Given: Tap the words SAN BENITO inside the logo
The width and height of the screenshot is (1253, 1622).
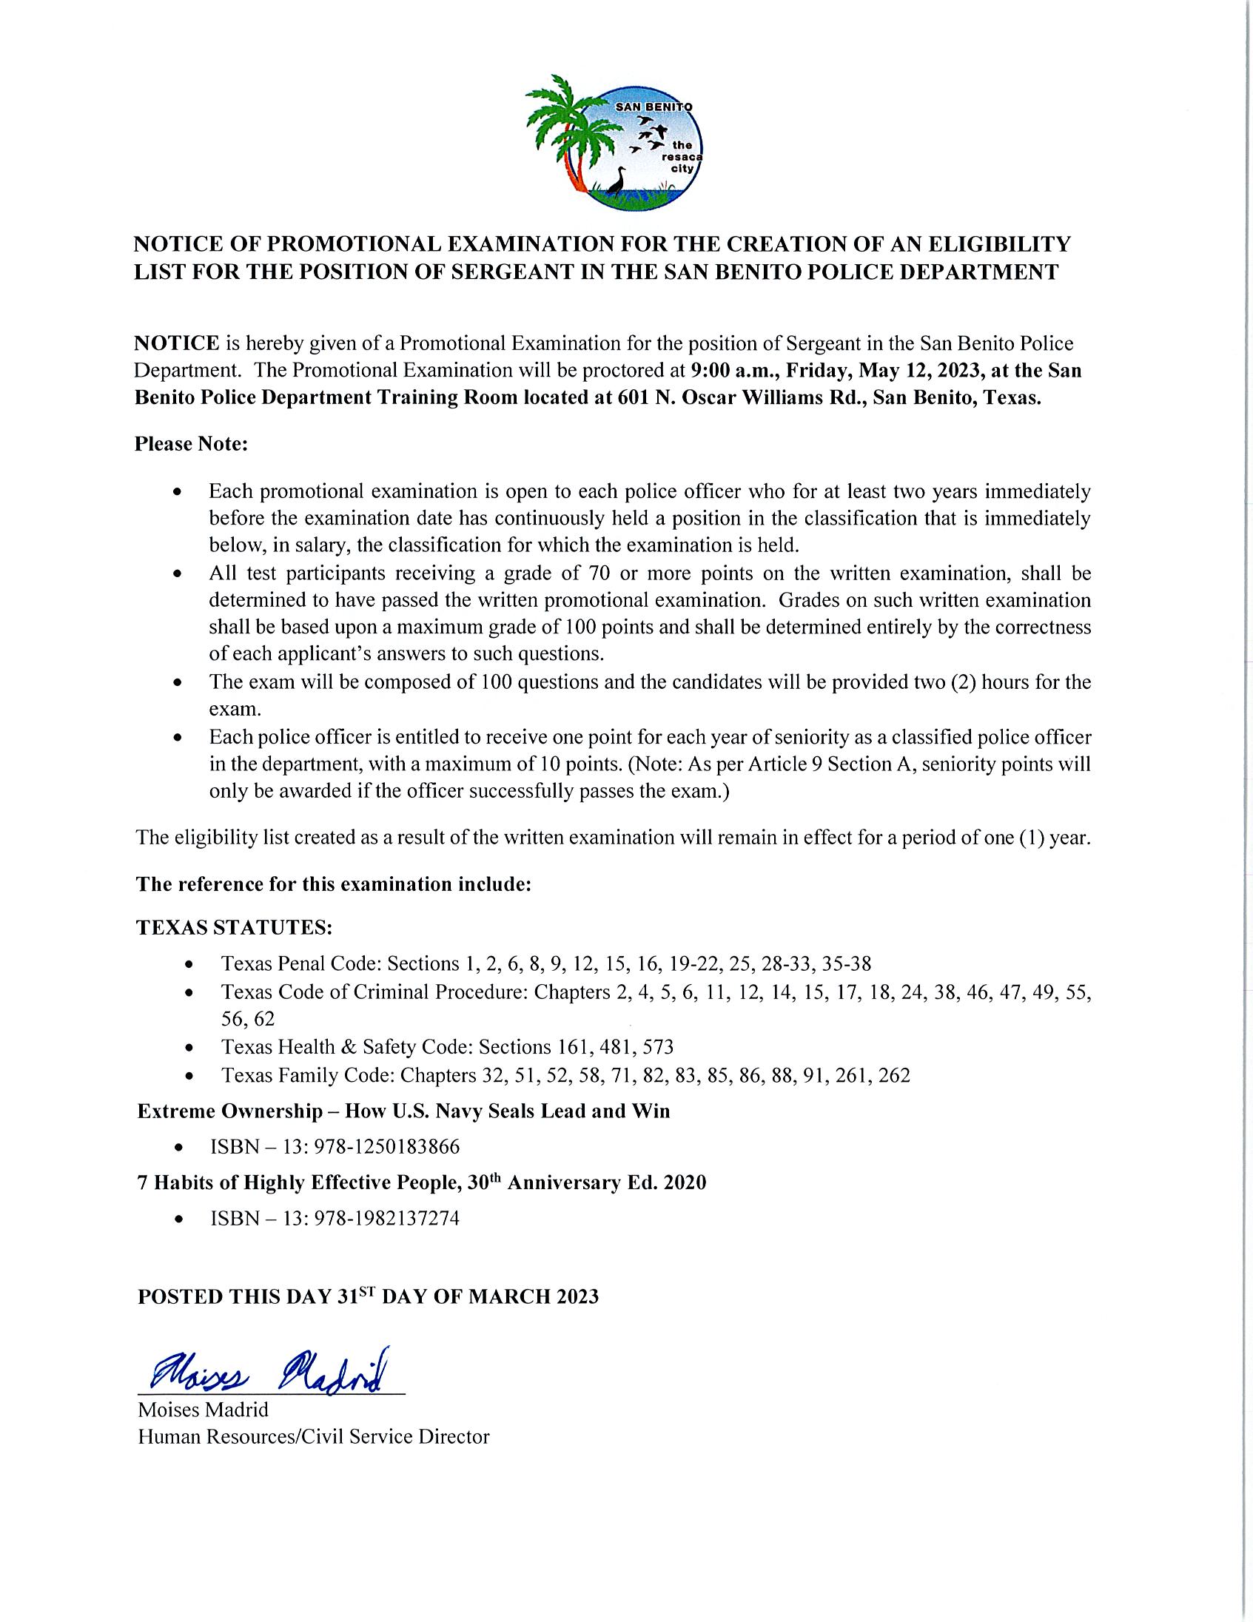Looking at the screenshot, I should tap(654, 108).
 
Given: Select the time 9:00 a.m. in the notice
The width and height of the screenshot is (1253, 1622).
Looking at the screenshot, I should tap(735, 371).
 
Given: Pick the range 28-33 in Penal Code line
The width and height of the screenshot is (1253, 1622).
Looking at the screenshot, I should tap(785, 964).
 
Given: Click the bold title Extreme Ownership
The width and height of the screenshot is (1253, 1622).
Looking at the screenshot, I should tap(231, 1111).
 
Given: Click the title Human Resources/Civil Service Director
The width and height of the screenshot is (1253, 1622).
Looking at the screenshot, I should tap(314, 1436).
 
